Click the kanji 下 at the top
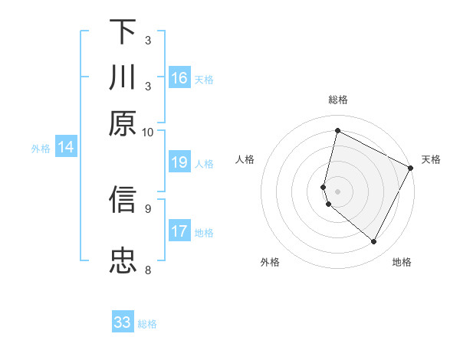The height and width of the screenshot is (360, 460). [123, 32]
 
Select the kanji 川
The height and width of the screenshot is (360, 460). [123, 77]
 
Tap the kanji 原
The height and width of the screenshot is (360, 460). [123, 123]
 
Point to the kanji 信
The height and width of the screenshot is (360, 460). [123, 200]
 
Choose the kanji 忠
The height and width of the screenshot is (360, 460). [123, 260]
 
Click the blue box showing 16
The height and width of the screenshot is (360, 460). [179, 78]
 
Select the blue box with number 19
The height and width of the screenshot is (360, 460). [179, 162]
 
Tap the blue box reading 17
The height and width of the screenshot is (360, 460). [179, 231]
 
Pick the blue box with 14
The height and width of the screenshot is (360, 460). [66, 147]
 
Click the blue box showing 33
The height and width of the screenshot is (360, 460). [123, 322]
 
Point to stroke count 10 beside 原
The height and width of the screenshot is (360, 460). [148, 132]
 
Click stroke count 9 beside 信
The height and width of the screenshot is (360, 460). [148, 207]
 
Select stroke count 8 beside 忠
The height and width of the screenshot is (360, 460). [148, 270]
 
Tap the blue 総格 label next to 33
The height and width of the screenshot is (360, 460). [147, 324]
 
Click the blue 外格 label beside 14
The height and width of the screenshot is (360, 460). [41, 149]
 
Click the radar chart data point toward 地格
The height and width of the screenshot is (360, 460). [374, 242]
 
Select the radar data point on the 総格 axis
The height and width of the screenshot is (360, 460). [337, 131]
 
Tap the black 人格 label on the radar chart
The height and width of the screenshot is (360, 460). [245, 159]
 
